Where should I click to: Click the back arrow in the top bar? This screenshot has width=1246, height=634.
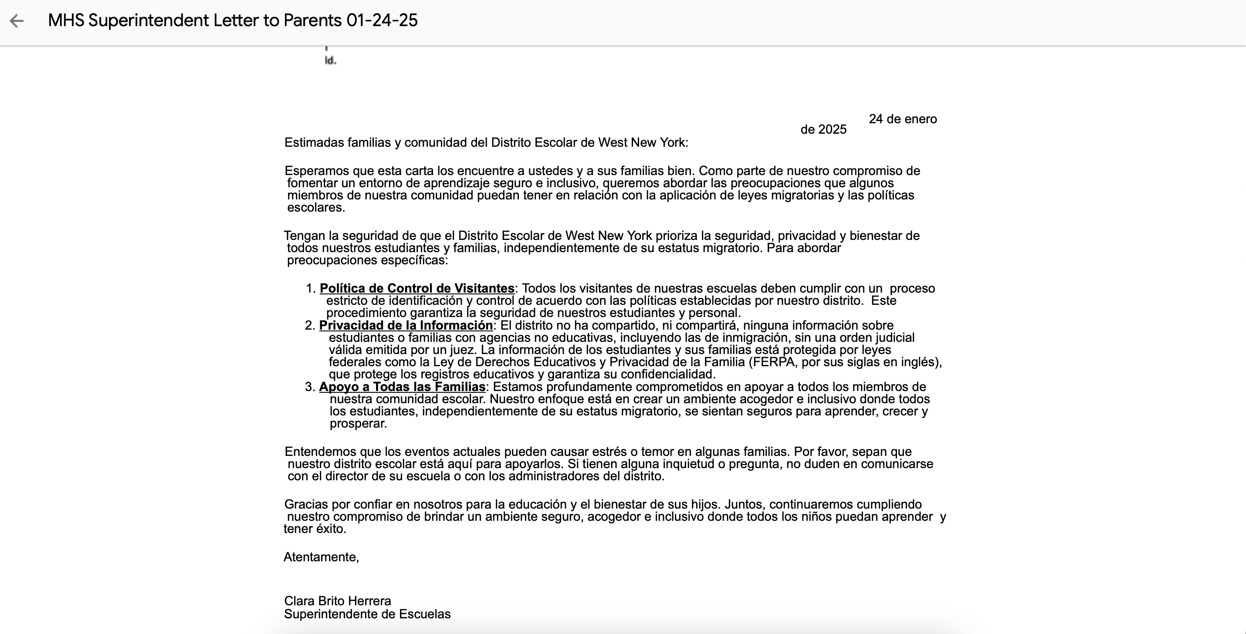tap(17, 21)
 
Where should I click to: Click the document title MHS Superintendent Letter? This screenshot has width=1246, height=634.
tap(232, 20)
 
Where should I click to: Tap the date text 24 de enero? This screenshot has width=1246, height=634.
tap(903, 119)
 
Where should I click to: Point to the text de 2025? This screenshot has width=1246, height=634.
tap(823, 130)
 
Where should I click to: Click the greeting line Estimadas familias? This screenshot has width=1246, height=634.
tap(486, 143)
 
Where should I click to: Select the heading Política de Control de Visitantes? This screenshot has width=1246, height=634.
tap(417, 288)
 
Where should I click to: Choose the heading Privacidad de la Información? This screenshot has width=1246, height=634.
tap(406, 325)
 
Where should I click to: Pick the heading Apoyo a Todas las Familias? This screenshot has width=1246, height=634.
tap(402, 387)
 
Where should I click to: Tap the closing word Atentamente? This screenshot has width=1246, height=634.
tap(321, 557)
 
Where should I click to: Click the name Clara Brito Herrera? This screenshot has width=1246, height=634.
tap(338, 601)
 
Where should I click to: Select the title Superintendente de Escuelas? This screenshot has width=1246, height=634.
tap(367, 614)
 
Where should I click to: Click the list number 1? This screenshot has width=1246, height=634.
tap(310, 289)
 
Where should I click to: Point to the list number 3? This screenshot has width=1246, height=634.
tap(310, 387)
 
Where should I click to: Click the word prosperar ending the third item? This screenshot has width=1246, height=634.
tap(358, 424)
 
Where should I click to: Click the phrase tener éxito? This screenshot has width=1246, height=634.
tap(315, 529)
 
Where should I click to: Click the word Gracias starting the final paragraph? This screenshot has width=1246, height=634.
tap(306, 504)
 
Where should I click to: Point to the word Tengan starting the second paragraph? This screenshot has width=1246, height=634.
tap(304, 236)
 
